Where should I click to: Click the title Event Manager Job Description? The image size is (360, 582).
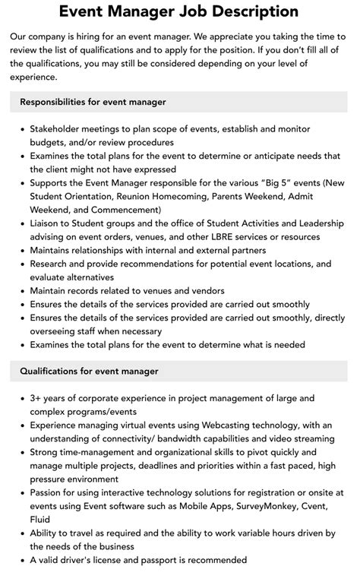coord(179,12)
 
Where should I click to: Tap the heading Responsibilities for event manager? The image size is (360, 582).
coord(93,101)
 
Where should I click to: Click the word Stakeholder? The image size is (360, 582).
coord(58,129)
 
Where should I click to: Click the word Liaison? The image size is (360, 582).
coord(49,223)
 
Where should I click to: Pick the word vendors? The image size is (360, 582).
coord(204,291)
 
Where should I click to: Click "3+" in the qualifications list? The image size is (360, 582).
coord(36,397)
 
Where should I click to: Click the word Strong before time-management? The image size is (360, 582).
coord(47,451)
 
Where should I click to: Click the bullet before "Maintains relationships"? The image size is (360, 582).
coord(21,251)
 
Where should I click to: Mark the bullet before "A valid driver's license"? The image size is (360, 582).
coord(21,560)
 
